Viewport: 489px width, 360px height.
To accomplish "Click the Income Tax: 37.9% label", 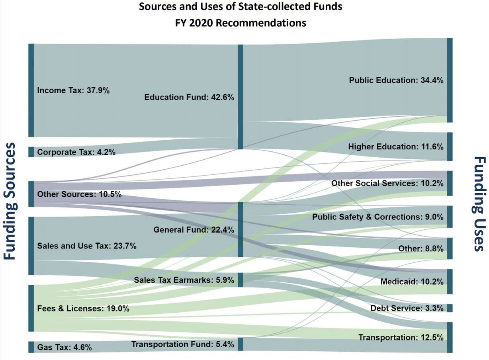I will [x=73, y=90].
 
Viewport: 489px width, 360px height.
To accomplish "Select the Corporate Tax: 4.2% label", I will [x=76, y=152].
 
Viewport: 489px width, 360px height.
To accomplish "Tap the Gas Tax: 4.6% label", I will [x=64, y=347].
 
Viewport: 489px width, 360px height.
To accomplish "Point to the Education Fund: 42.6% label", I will [x=189, y=97].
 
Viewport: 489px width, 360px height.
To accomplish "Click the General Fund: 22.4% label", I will [x=194, y=230].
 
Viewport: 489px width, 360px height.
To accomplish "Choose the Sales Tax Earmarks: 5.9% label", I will [x=184, y=280].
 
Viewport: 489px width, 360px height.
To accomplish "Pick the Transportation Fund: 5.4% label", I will [x=183, y=344].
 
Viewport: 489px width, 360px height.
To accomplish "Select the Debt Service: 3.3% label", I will [x=407, y=308].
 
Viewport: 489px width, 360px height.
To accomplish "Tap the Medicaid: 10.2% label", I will [x=412, y=282].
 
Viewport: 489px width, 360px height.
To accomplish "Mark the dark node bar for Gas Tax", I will [x=31, y=347].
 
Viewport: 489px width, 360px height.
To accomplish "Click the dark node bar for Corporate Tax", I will [x=31, y=152].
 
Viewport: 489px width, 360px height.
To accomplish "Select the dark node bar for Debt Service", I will [x=450, y=308].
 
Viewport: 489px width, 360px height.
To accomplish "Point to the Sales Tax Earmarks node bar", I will [x=240, y=280].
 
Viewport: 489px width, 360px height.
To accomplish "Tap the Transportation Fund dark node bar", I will [x=240, y=344].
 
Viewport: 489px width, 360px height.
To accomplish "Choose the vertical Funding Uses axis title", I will [x=479, y=203].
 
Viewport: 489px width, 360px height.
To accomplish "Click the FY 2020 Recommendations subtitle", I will [x=241, y=23].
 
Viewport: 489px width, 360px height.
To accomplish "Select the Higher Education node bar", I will [x=450, y=147].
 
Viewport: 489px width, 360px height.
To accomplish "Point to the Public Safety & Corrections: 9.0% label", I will [x=378, y=217].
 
